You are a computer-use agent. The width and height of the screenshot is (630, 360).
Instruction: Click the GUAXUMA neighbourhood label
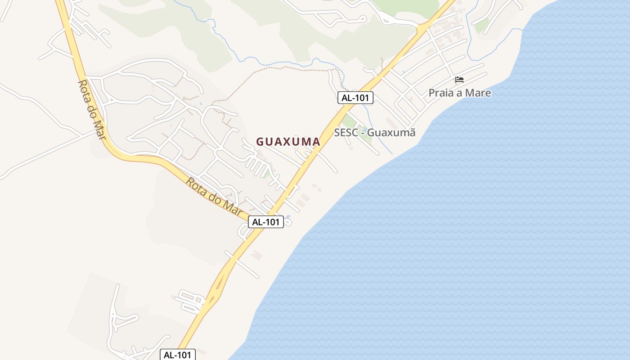pos(288,142)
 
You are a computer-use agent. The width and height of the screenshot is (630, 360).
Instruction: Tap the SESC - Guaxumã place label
pos(374,133)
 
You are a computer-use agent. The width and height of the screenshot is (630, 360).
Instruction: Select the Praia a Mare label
pos(459,93)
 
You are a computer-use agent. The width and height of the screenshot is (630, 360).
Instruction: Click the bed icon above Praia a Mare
pos(459,80)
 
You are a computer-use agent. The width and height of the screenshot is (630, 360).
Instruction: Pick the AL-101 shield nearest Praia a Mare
pos(355,98)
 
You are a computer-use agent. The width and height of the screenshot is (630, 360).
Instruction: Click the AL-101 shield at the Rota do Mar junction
pos(266,221)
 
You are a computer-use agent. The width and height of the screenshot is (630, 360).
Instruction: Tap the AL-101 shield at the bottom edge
pos(178,355)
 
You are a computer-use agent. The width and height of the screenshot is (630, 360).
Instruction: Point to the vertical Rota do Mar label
pos(92,109)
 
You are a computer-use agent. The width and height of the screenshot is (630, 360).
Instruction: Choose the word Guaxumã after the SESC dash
pos(392,133)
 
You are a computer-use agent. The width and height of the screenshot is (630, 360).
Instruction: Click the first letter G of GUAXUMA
pos(260,142)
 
